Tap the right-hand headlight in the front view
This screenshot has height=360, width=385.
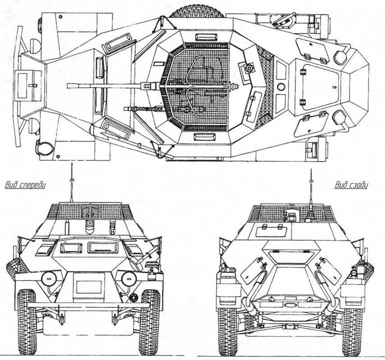(x=128, y=278)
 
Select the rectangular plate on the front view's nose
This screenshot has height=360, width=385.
(x=88, y=287)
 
